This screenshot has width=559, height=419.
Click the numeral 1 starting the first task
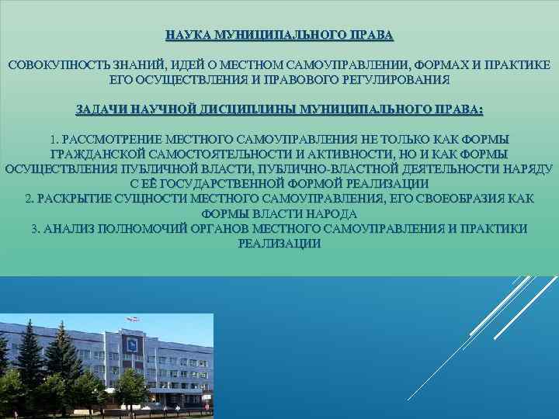pyautogui.click(x=53, y=140)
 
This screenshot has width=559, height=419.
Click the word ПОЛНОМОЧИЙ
pyautogui.click(x=160, y=228)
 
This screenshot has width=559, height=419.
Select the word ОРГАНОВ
pyautogui.click(x=250, y=228)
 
